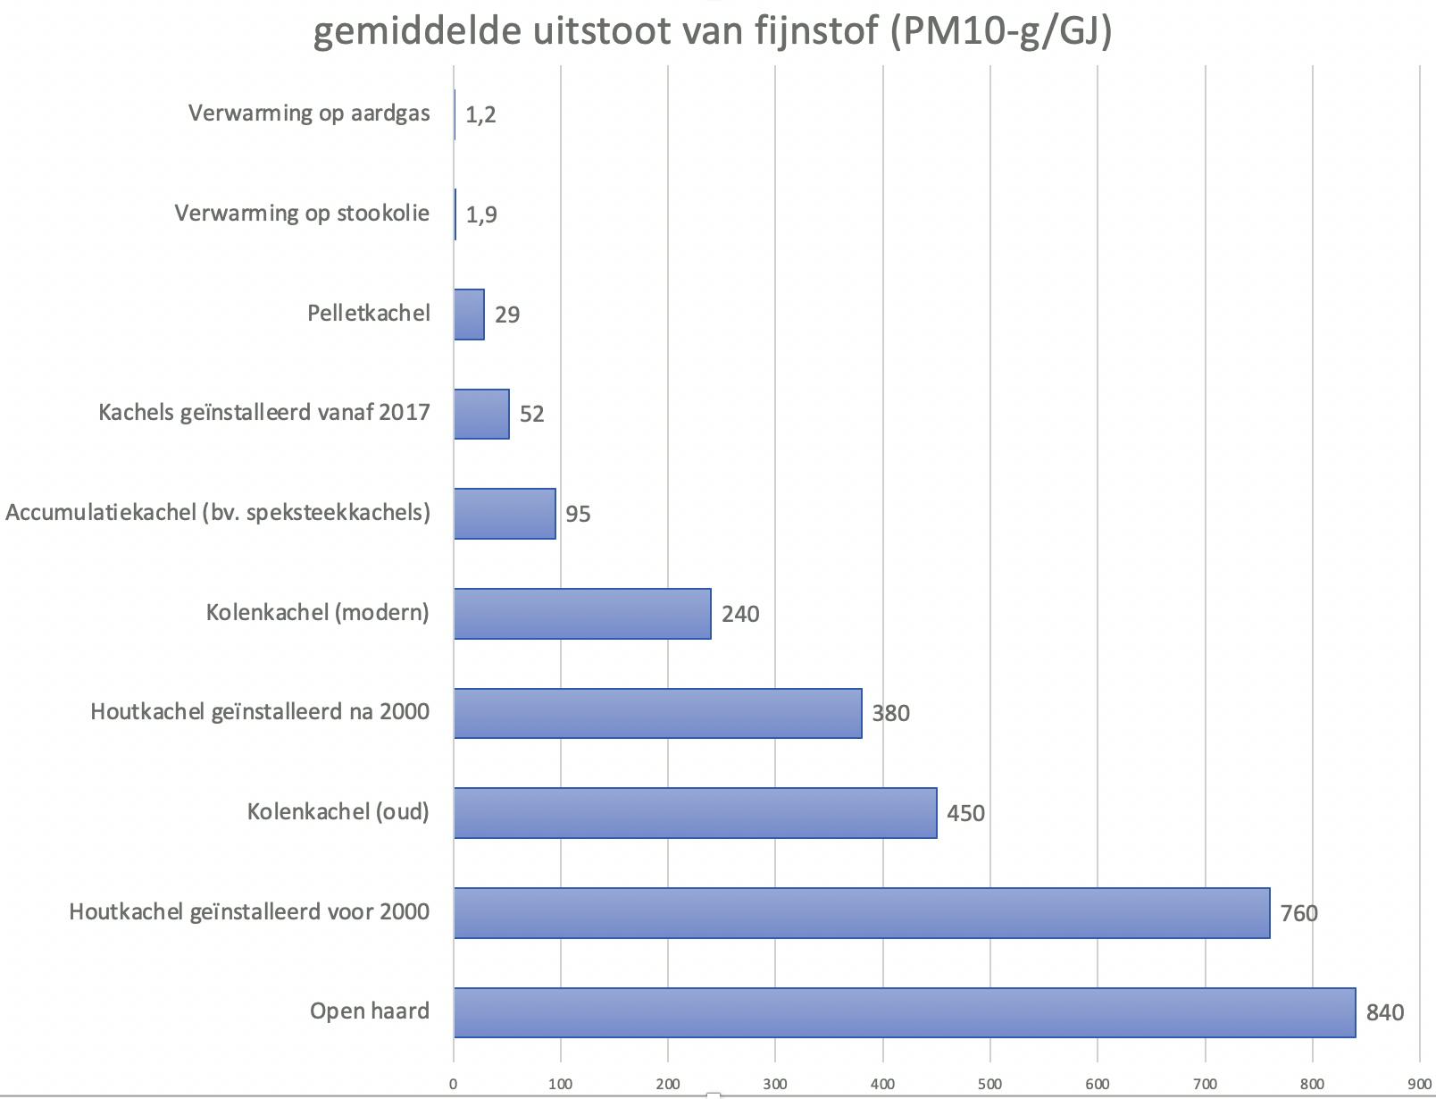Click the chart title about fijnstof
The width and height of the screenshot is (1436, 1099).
713,32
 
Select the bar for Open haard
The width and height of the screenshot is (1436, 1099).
904,1012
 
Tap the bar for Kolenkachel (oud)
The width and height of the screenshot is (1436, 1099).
695,813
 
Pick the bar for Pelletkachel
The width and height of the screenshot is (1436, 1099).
469,315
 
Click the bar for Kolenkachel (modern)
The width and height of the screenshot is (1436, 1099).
582,614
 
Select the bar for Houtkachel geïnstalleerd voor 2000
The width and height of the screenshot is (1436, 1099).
861,913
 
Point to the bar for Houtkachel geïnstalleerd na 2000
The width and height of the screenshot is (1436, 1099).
657,713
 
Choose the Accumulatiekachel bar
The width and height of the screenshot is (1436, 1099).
505,514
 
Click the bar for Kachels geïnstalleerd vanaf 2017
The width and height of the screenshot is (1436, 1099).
481,414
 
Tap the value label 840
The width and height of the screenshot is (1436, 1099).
1384,1012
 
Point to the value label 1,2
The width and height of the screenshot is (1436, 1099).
480,114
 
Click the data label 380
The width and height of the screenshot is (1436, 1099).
890,713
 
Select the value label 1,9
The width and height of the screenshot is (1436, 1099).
481,214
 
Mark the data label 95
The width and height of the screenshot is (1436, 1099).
578,514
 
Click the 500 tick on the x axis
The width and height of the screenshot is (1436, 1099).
989,1085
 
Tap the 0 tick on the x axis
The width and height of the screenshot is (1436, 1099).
454,1085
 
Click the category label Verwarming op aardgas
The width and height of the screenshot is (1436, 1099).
309,113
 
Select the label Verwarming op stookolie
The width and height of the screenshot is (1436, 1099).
302,214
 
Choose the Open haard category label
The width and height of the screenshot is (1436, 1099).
370,1011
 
